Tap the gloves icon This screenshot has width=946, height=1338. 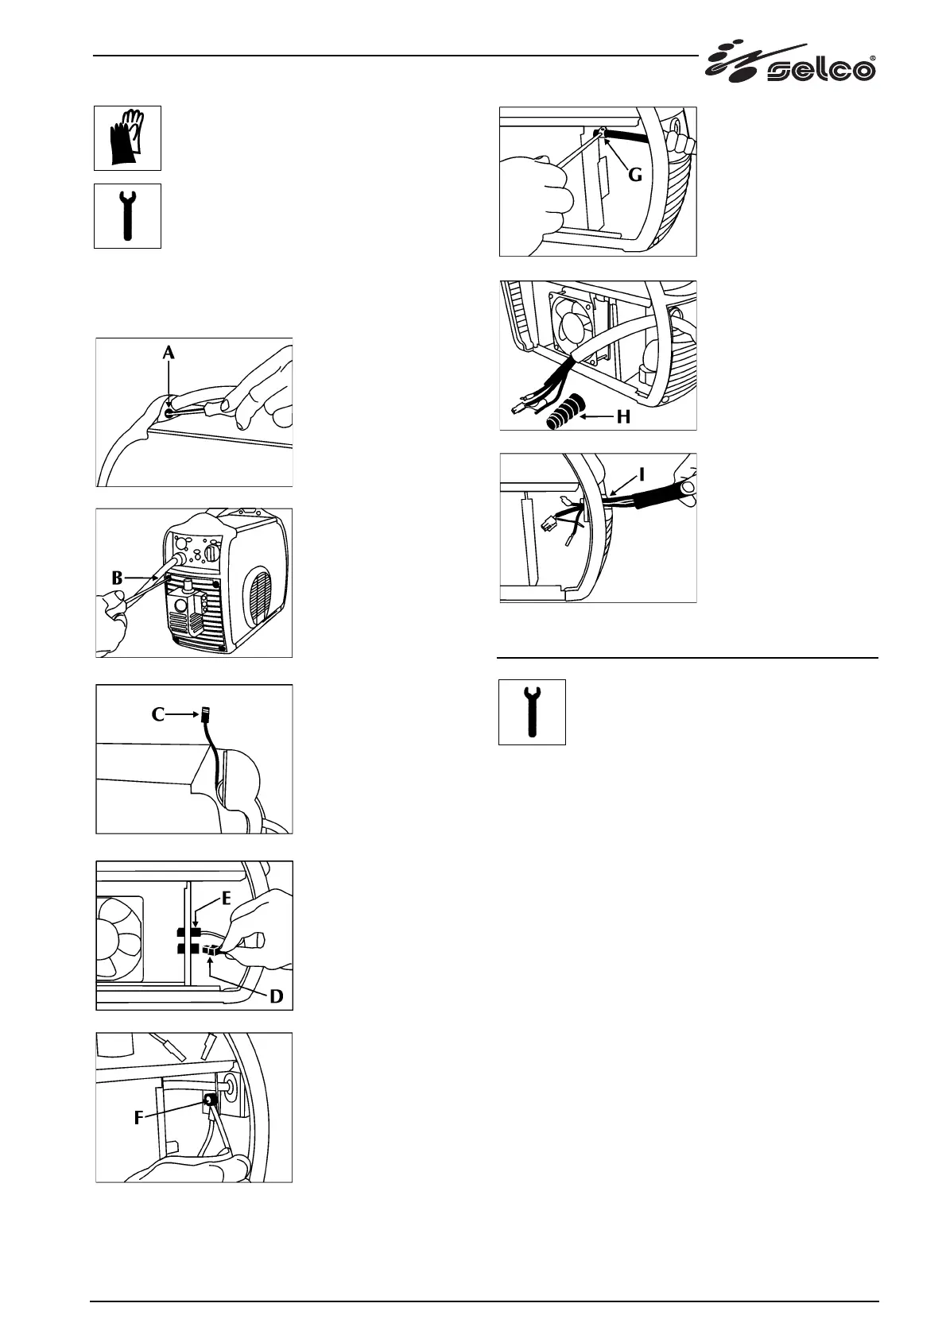[x=127, y=137]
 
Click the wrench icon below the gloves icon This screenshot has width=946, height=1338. [x=127, y=215]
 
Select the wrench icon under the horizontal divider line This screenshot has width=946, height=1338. [x=532, y=711]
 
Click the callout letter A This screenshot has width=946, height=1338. [x=169, y=354]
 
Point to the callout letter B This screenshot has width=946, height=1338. [x=117, y=578]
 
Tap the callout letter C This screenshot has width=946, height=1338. [x=158, y=714]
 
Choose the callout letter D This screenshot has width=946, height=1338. [x=276, y=995]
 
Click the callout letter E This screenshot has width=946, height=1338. [x=227, y=899]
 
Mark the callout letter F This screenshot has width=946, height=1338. [x=138, y=1118]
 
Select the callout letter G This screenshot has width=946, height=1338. [x=634, y=174]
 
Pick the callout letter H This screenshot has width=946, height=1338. [x=623, y=416]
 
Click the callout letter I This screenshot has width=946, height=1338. [x=642, y=474]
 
